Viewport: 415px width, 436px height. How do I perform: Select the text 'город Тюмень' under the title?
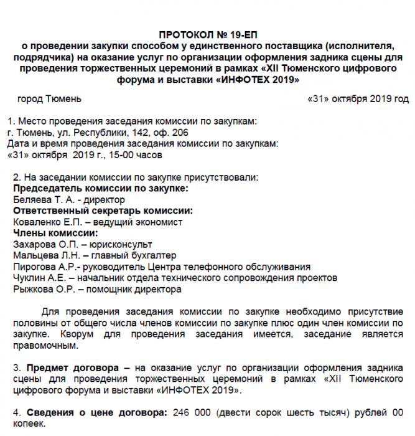pyautogui.click(x=49, y=99)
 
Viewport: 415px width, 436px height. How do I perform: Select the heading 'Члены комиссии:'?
pyautogui.click(x=55, y=233)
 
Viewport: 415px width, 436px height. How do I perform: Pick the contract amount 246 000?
pyautogui.click(x=190, y=413)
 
